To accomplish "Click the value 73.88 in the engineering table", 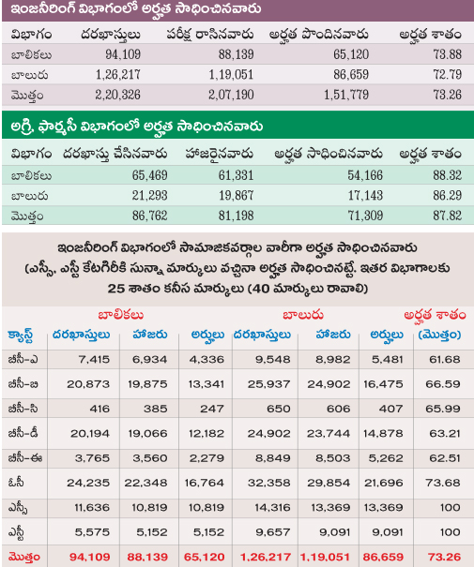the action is click(x=447, y=54).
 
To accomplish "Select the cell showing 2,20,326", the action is click(x=117, y=95).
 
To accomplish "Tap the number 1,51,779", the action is click(x=346, y=95).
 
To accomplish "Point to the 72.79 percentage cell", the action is click(x=447, y=75).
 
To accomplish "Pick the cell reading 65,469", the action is click(x=149, y=175).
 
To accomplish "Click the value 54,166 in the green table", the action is click(x=365, y=175).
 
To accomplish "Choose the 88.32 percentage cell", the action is click(x=447, y=175).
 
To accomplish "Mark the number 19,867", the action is click(x=236, y=196).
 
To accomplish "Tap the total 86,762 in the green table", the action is click(x=149, y=216).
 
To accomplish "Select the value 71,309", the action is click(x=365, y=216).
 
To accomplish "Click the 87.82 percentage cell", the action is click(x=447, y=216).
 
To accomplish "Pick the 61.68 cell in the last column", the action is click(x=445, y=360).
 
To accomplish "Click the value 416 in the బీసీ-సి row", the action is click(x=99, y=409).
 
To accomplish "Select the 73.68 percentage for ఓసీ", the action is click(x=443, y=483).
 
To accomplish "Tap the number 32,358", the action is click(x=269, y=483).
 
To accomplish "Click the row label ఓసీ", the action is click(x=16, y=483).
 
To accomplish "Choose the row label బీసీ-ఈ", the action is click(x=25, y=458).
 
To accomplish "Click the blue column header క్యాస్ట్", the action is click(x=21, y=336).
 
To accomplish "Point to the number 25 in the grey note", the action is click(x=115, y=289).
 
